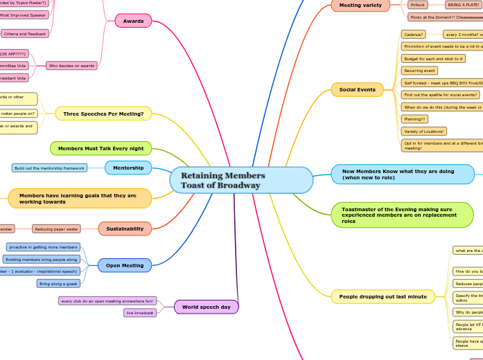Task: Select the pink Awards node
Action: coord(133,21)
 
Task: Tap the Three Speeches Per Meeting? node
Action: coord(103,114)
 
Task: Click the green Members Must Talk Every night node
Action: coord(100,148)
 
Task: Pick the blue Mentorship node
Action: coord(128,168)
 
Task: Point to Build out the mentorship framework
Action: coord(50,168)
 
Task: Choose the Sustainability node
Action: coord(125,228)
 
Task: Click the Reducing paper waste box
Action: coord(56,228)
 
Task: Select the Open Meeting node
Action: coord(125,265)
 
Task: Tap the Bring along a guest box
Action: coord(58,283)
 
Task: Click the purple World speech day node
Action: coord(206,307)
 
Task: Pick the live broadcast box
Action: coord(140,313)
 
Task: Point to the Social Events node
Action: coord(357,89)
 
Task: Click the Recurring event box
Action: coord(419,71)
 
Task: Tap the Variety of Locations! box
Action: coord(424,131)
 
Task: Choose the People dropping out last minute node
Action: coord(383,296)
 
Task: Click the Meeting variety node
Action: coord(360,6)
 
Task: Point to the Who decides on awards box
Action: coord(72,66)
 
